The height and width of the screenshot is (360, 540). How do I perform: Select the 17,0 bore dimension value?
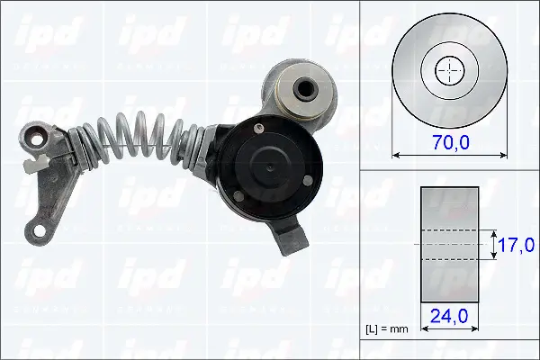click(517, 245)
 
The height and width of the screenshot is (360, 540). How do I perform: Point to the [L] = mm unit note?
click(388, 328)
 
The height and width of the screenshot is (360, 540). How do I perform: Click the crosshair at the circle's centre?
click(447, 70)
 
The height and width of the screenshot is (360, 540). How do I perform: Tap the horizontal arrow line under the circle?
click(447, 155)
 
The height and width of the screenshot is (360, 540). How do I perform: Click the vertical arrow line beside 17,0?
click(492, 245)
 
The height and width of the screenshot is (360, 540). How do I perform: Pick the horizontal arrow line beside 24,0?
click(449, 329)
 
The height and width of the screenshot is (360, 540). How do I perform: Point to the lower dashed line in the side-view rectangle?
click(449, 260)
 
